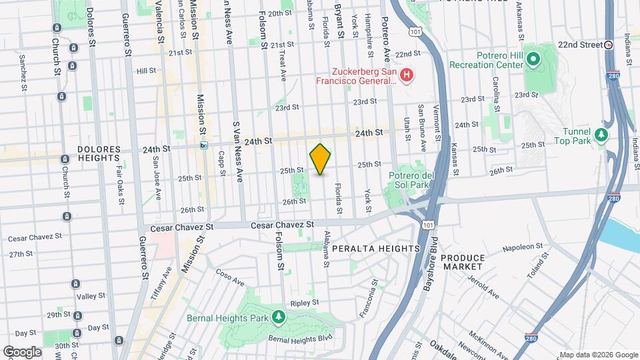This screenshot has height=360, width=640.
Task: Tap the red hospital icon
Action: point(407,75)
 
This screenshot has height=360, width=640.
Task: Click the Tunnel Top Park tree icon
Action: point(602,135)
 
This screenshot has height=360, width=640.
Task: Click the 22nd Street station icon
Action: point(609,45)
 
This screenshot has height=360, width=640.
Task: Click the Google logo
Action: point(21,351)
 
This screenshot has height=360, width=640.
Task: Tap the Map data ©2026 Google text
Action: point(598,354)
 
